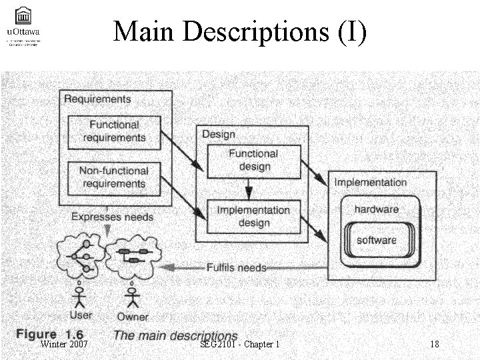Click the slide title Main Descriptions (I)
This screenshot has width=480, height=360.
click(239, 31)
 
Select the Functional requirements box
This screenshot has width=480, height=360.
click(114, 131)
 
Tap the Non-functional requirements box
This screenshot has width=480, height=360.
click(114, 177)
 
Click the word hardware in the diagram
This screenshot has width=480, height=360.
click(376, 209)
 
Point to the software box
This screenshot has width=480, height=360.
click(376, 240)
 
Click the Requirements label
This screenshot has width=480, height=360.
click(97, 99)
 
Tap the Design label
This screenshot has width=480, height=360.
click(219, 134)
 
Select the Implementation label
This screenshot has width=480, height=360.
click(370, 182)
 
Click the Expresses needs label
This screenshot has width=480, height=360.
click(112, 217)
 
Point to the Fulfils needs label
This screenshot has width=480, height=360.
click(236, 267)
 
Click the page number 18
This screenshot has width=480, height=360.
click(435, 344)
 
